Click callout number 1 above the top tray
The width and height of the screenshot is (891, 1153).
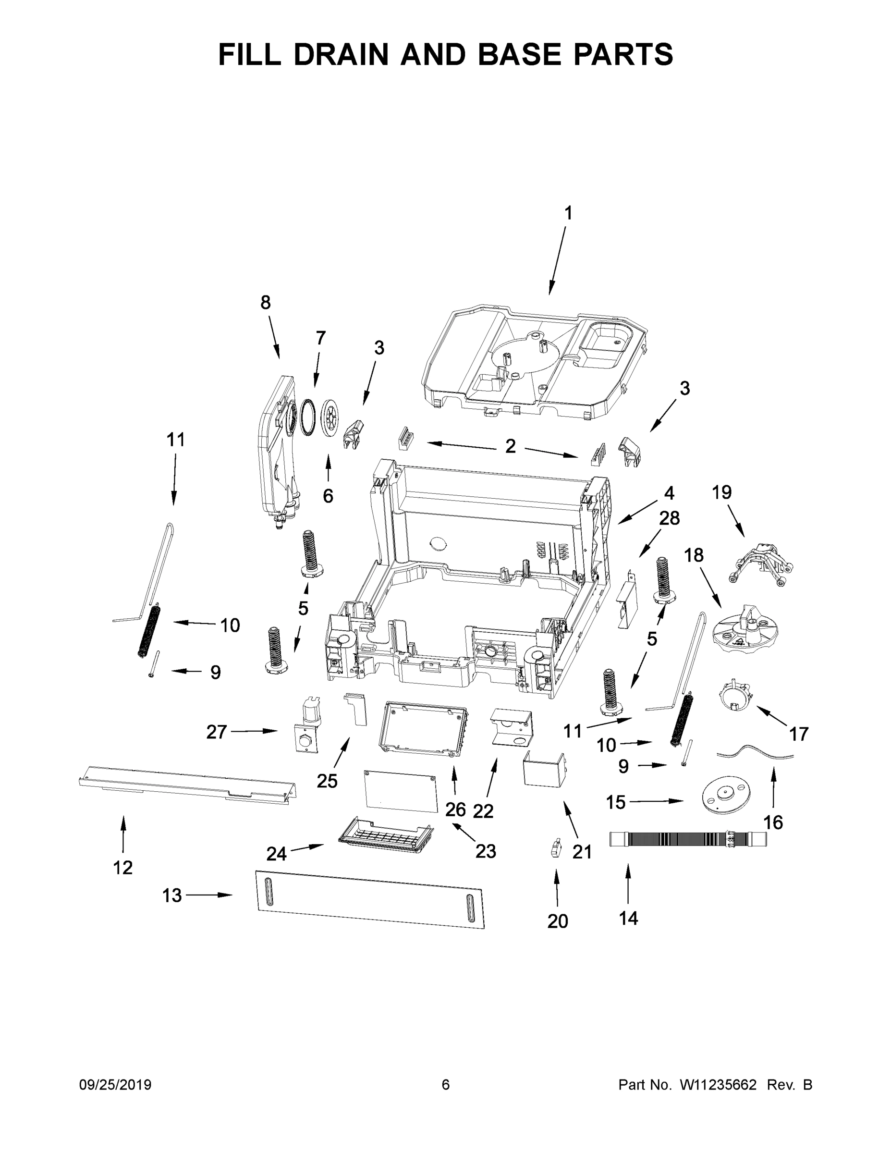[568, 213]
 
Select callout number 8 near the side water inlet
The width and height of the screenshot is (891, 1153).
[266, 303]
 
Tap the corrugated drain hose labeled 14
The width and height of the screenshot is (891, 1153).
[686, 839]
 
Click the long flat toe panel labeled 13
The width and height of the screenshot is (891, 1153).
[369, 898]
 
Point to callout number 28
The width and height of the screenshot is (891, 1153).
[669, 518]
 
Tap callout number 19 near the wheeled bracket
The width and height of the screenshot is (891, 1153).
[721, 492]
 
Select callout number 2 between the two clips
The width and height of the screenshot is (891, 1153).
[510, 446]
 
